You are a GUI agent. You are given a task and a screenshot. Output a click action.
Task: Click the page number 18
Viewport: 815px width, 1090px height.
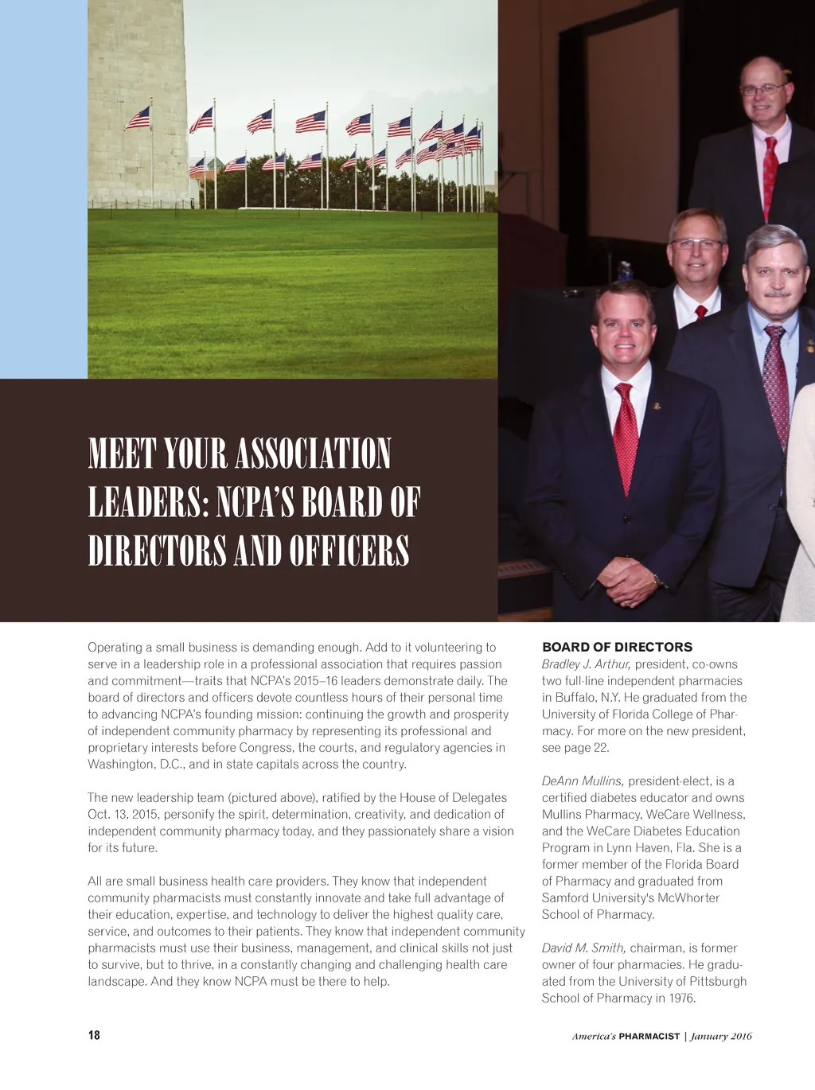pyautogui.click(x=94, y=1035)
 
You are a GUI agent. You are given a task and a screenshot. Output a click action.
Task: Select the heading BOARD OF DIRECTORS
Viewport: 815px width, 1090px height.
pyautogui.click(x=617, y=647)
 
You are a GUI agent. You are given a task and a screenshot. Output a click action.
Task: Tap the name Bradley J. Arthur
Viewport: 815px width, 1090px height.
pyautogui.click(x=586, y=664)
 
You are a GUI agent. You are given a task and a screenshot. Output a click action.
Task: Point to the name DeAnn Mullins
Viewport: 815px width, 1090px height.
pyautogui.click(x=583, y=781)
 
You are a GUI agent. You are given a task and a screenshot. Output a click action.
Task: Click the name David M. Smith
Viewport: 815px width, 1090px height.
pyautogui.click(x=584, y=948)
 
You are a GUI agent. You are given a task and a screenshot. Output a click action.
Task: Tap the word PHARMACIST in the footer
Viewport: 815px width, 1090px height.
pyautogui.click(x=649, y=1036)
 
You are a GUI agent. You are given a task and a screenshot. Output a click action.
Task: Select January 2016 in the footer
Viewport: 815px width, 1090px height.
pyautogui.click(x=721, y=1036)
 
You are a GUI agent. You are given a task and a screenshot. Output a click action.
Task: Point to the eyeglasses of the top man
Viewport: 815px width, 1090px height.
pyautogui.click(x=762, y=90)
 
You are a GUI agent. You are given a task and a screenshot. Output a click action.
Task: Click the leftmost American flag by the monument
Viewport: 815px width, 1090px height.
pyautogui.click(x=138, y=119)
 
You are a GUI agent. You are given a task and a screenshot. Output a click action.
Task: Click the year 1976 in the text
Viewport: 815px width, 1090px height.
pyautogui.click(x=682, y=999)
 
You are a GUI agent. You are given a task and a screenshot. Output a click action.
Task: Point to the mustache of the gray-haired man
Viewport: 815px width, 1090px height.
pyautogui.click(x=774, y=294)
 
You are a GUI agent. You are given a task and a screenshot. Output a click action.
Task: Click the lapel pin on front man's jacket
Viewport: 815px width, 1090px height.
pyautogui.click(x=657, y=407)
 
